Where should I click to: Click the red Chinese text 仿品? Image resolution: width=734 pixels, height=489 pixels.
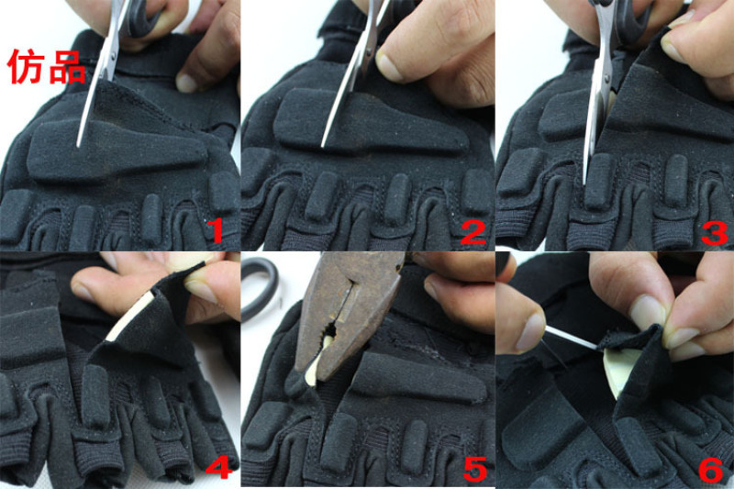47,67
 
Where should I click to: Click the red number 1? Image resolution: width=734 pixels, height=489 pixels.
215,229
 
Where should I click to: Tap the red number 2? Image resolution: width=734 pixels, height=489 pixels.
473,231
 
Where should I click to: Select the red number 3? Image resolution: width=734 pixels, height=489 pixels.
715,232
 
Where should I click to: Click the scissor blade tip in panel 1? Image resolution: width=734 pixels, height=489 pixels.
78,146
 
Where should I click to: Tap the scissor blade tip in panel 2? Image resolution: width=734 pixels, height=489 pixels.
323,146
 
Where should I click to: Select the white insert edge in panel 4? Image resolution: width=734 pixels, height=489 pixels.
128,315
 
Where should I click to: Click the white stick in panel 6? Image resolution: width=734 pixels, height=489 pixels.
571,338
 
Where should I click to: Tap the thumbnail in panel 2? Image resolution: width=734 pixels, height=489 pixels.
389,65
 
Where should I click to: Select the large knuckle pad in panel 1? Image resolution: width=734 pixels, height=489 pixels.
117,149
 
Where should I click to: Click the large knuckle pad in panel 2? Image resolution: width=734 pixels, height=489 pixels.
370,123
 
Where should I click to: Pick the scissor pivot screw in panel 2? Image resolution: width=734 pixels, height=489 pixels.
371,48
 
